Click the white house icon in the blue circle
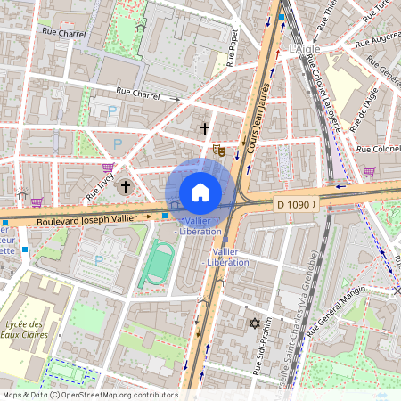coord(200,192)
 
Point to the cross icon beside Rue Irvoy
coord(126,186)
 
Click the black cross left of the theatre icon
coord(204,130)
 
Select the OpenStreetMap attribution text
coord(89,395)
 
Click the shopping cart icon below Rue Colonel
coord(369,171)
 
